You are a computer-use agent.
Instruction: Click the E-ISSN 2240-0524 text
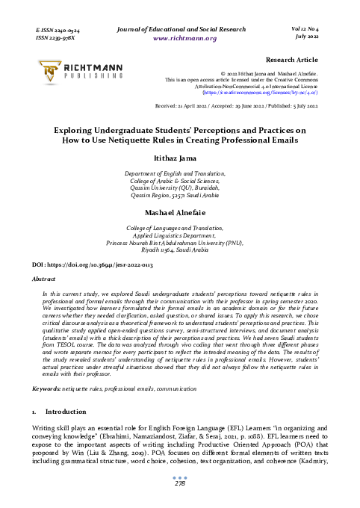[x=58, y=28]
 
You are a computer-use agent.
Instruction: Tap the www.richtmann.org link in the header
[x=184, y=37]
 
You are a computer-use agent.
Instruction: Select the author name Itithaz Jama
[x=179, y=158]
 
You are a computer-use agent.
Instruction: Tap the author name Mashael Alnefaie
[x=179, y=212]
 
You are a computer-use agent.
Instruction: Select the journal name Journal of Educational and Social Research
[x=184, y=28]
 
